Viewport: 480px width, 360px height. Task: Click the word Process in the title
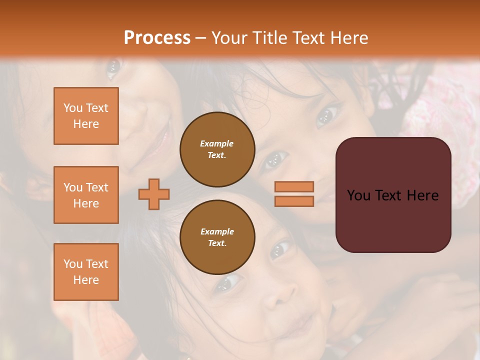click(x=157, y=38)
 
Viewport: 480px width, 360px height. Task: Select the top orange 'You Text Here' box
click(x=86, y=116)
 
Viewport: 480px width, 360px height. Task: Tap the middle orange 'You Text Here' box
click(x=86, y=195)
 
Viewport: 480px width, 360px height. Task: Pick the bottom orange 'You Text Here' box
click(x=86, y=272)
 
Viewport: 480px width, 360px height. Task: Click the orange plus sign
click(x=154, y=194)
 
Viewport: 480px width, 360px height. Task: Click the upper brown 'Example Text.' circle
click(x=217, y=149)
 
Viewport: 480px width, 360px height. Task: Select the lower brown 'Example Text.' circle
click(x=217, y=237)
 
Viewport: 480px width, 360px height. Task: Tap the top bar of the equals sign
click(x=294, y=186)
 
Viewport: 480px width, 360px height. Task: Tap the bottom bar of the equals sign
click(x=294, y=201)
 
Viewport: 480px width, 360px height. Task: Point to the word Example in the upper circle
click(x=217, y=143)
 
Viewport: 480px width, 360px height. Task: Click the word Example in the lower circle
click(x=217, y=231)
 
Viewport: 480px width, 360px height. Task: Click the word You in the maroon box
click(x=358, y=195)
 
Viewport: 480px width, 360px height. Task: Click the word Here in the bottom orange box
click(x=86, y=280)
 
